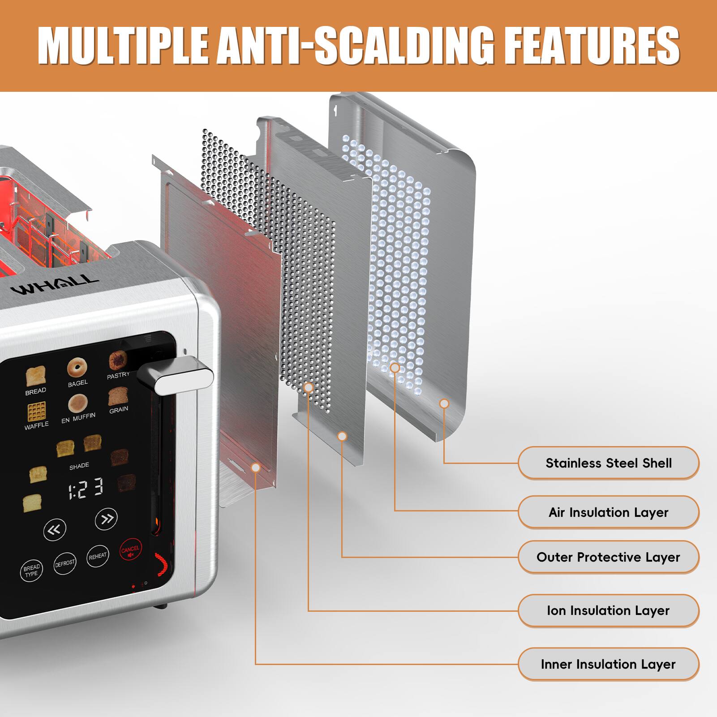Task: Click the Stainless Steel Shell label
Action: point(608,463)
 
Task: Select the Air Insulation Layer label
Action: point(608,512)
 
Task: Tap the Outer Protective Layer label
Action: point(608,557)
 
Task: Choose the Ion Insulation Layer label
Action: point(608,611)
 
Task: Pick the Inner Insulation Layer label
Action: point(608,664)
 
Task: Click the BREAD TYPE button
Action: point(31,571)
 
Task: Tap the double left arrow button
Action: point(55,531)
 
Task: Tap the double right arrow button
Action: point(106,519)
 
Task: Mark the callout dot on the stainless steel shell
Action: point(444,404)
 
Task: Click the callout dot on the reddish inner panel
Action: point(256,468)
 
